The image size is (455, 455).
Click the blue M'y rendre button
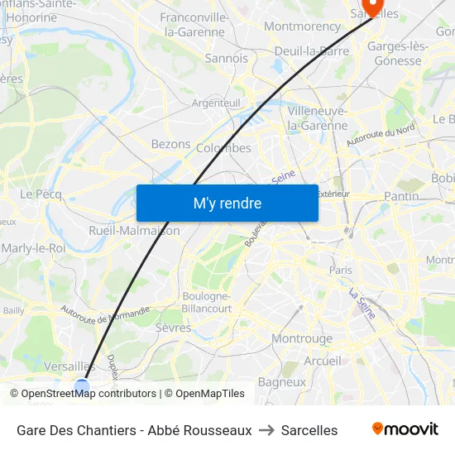pyautogui.click(x=227, y=203)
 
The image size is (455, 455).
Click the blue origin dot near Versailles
pyautogui.click(x=82, y=386)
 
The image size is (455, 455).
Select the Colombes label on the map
pyautogui.click(x=223, y=148)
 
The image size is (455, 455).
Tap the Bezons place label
pyautogui.click(x=170, y=144)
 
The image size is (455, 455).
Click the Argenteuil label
pyautogui.click(x=216, y=103)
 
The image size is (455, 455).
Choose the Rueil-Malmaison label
pyautogui.click(x=134, y=231)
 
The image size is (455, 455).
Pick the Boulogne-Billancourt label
pyautogui.click(x=207, y=302)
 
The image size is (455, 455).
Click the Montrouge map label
pyautogui.click(x=302, y=338)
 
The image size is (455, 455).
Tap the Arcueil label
pyautogui.click(x=322, y=361)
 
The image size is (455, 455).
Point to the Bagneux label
pyautogui.click(x=282, y=382)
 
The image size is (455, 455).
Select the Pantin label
pyautogui.click(x=401, y=196)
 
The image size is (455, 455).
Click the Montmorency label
pyautogui.click(x=303, y=26)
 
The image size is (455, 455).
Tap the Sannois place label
pyautogui.click(x=226, y=59)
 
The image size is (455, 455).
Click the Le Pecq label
pyautogui.click(x=36, y=194)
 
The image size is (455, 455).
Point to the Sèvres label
pyautogui.click(x=173, y=328)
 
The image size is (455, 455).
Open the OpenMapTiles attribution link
pyautogui.click(x=210, y=394)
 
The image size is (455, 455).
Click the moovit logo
pyautogui.click(x=405, y=429)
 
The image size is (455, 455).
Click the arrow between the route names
pyautogui.click(x=266, y=430)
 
